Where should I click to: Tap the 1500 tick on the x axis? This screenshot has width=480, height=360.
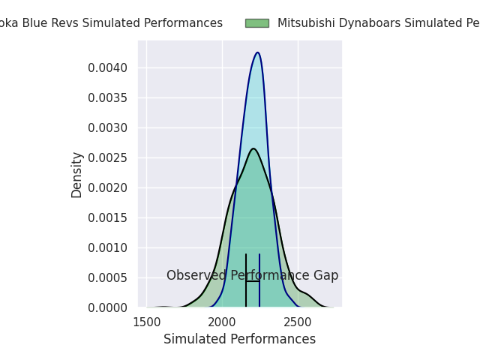click(146, 322)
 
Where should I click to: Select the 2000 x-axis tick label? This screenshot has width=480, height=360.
click(222, 322)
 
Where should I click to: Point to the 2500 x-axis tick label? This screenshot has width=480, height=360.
click(298, 322)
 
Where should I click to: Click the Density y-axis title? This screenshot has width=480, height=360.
click(76, 175)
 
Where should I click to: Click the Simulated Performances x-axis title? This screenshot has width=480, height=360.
click(239, 340)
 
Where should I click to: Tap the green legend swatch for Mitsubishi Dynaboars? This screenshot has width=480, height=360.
click(256, 23)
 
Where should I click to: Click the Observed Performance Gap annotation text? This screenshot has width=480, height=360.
click(252, 276)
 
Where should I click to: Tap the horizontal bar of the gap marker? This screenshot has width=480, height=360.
click(253, 281)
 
